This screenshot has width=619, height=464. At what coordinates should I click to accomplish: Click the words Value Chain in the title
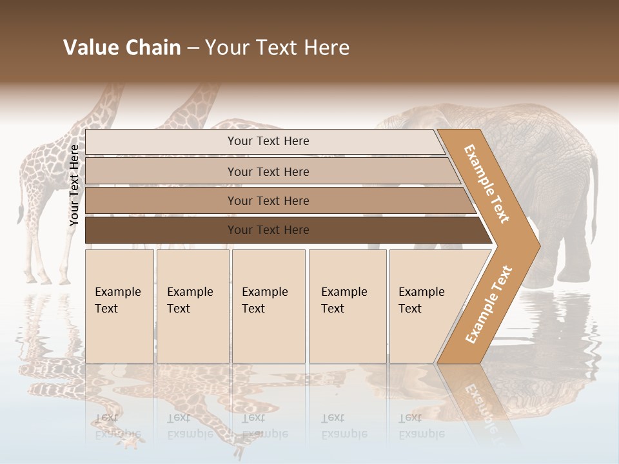pos(122,48)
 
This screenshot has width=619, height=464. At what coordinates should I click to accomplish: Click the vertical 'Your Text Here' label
pos(74,185)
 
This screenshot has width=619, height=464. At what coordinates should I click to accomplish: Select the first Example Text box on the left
pos(119,306)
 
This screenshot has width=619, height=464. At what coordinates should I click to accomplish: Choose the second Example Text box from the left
pos(193,306)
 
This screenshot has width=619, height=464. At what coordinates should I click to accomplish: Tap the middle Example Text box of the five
pos(268,306)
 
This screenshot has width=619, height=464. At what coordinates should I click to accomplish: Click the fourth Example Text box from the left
pos(348,306)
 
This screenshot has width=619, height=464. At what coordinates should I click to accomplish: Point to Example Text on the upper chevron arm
pos(487,184)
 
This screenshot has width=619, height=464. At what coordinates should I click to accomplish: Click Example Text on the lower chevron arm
pos(489,304)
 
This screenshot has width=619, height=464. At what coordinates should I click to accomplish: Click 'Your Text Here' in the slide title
pos(277,48)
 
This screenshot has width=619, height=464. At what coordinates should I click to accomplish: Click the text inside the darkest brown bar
pos(268,230)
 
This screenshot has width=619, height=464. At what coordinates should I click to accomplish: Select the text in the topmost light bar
pos(268,141)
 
